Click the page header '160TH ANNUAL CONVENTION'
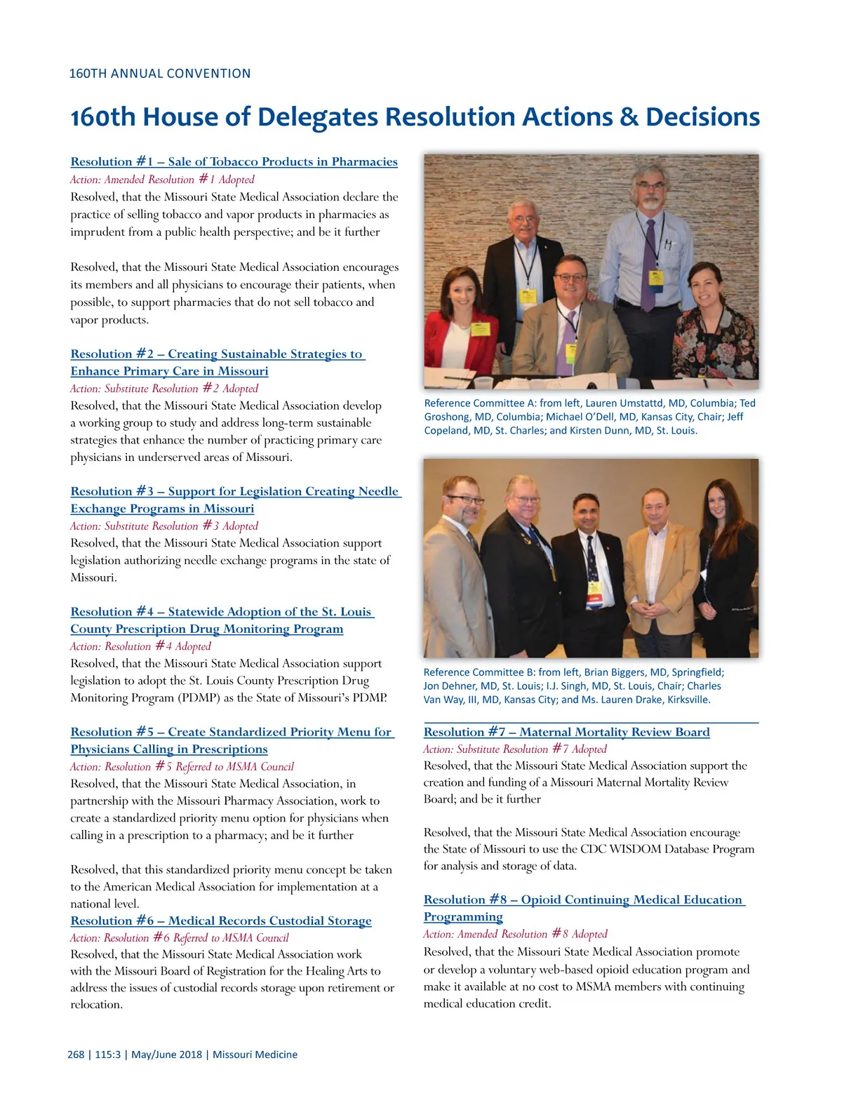(x=159, y=74)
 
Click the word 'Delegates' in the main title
(x=319, y=117)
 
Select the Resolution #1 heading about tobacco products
(x=234, y=162)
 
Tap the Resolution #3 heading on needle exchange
(x=235, y=492)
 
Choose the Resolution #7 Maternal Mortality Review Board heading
(x=566, y=733)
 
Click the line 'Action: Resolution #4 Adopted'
(x=140, y=646)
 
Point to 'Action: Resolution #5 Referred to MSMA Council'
(x=182, y=767)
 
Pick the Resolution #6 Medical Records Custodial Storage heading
(x=220, y=921)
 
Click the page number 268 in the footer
(x=76, y=1055)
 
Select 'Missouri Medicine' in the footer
(x=255, y=1055)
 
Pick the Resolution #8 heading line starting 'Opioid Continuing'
(x=583, y=900)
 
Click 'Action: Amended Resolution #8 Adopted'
(x=515, y=935)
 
